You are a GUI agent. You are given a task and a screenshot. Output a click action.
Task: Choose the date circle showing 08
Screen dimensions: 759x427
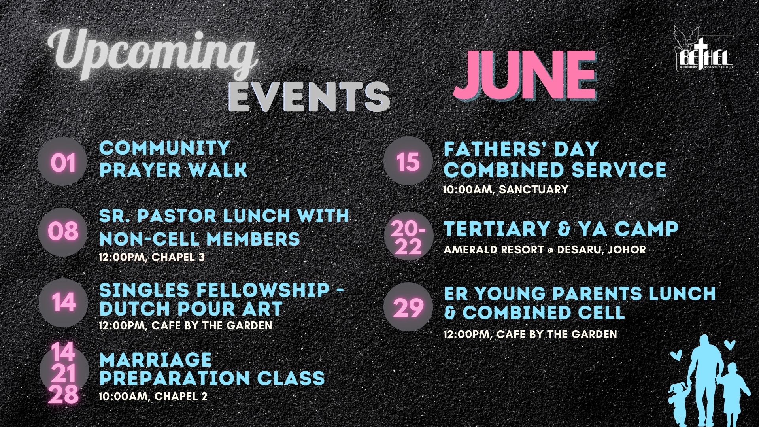click(x=63, y=232)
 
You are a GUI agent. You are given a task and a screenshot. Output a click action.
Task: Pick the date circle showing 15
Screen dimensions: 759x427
click(x=408, y=161)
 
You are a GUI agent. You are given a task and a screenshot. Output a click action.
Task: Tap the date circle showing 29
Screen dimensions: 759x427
click(x=408, y=307)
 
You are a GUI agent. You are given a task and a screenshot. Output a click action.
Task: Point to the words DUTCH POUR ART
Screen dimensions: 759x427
click(x=191, y=309)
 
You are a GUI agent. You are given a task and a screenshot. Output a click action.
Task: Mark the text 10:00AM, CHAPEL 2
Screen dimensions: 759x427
click(x=153, y=396)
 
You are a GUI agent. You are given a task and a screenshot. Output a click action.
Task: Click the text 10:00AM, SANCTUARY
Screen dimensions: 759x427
click(x=506, y=189)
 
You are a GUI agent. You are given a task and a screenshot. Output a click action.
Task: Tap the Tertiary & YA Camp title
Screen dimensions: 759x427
click(x=561, y=229)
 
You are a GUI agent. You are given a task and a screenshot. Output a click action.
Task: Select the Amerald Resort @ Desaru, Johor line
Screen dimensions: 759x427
click(x=545, y=249)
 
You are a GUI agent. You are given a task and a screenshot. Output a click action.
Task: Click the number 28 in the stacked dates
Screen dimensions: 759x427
click(x=64, y=395)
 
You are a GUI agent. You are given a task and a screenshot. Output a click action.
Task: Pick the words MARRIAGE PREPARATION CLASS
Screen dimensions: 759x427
click(x=212, y=369)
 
